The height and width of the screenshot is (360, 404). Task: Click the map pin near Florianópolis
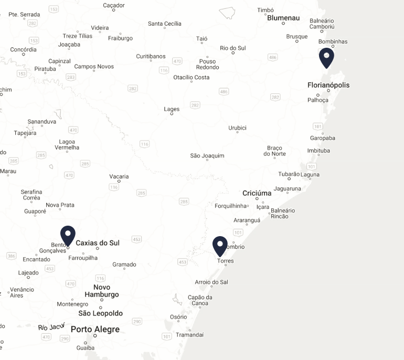point(326,57)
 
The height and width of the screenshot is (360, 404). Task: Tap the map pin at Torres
point(220,246)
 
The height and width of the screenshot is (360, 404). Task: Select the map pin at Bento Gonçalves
point(68,235)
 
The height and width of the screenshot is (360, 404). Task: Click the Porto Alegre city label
point(95,330)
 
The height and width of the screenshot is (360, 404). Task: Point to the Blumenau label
point(283,18)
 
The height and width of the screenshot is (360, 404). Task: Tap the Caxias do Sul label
point(98,243)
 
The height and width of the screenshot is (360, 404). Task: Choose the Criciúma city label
point(257,193)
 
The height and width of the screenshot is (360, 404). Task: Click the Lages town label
point(172,109)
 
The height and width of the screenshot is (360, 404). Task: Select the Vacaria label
point(119,176)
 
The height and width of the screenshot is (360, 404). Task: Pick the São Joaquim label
point(207,156)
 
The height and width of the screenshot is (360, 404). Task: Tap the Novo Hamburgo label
point(102,291)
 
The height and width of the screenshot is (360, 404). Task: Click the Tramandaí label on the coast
point(189,335)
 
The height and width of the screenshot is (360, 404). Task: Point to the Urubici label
point(237,128)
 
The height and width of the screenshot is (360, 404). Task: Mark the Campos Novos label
point(94,67)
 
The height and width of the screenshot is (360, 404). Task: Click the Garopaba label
point(322,138)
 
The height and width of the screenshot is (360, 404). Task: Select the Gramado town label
point(124,264)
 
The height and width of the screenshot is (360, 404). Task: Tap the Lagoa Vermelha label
point(67,144)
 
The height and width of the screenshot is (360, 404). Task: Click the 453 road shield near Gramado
point(137,239)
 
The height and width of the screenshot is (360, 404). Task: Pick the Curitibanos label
point(151,57)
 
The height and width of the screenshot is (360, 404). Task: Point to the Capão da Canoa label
point(200,300)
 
